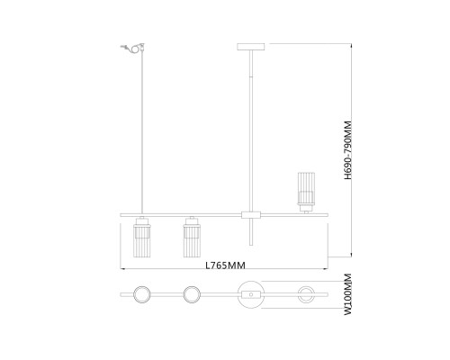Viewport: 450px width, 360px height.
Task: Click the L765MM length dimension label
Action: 225,264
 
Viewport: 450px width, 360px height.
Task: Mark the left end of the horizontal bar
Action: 123,214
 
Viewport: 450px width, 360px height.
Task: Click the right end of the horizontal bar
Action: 327,214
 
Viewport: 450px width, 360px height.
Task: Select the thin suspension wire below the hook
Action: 141,135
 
